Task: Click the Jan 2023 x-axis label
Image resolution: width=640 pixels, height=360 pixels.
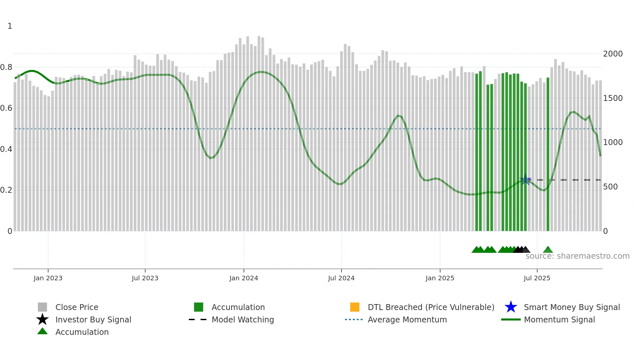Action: tap(48, 278)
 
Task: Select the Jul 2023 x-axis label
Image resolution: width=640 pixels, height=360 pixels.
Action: tap(145, 278)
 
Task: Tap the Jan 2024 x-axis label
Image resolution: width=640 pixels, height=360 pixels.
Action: tap(244, 278)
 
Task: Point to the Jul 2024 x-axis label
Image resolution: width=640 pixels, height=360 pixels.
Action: tap(341, 278)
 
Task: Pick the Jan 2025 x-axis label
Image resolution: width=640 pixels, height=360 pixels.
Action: tap(440, 278)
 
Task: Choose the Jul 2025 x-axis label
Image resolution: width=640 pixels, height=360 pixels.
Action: tap(537, 278)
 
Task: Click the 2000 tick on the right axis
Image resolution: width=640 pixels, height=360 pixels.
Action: tap(613, 54)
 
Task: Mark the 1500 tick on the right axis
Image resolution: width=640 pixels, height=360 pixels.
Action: tap(613, 98)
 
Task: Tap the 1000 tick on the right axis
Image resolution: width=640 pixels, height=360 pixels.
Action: tap(613, 142)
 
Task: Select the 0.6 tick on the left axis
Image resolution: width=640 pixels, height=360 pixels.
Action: tap(6, 108)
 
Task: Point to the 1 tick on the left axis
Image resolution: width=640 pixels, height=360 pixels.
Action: tap(10, 26)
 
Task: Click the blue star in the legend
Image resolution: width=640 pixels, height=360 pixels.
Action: tap(511, 307)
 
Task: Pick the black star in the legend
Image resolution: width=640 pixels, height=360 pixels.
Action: tap(42, 319)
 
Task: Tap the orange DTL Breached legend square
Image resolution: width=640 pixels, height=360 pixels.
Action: tap(355, 307)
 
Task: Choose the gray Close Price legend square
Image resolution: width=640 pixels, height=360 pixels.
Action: tap(42, 307)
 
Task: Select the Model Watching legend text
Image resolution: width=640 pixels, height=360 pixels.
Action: tap(243, 319)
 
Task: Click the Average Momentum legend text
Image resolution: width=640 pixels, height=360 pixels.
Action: tap(407, 319)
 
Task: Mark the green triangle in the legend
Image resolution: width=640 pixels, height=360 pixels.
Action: tap(42, 331)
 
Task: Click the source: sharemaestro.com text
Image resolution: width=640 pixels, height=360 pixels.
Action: tap(578, 256)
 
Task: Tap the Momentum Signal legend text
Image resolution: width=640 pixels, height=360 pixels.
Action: tap(559, 319)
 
